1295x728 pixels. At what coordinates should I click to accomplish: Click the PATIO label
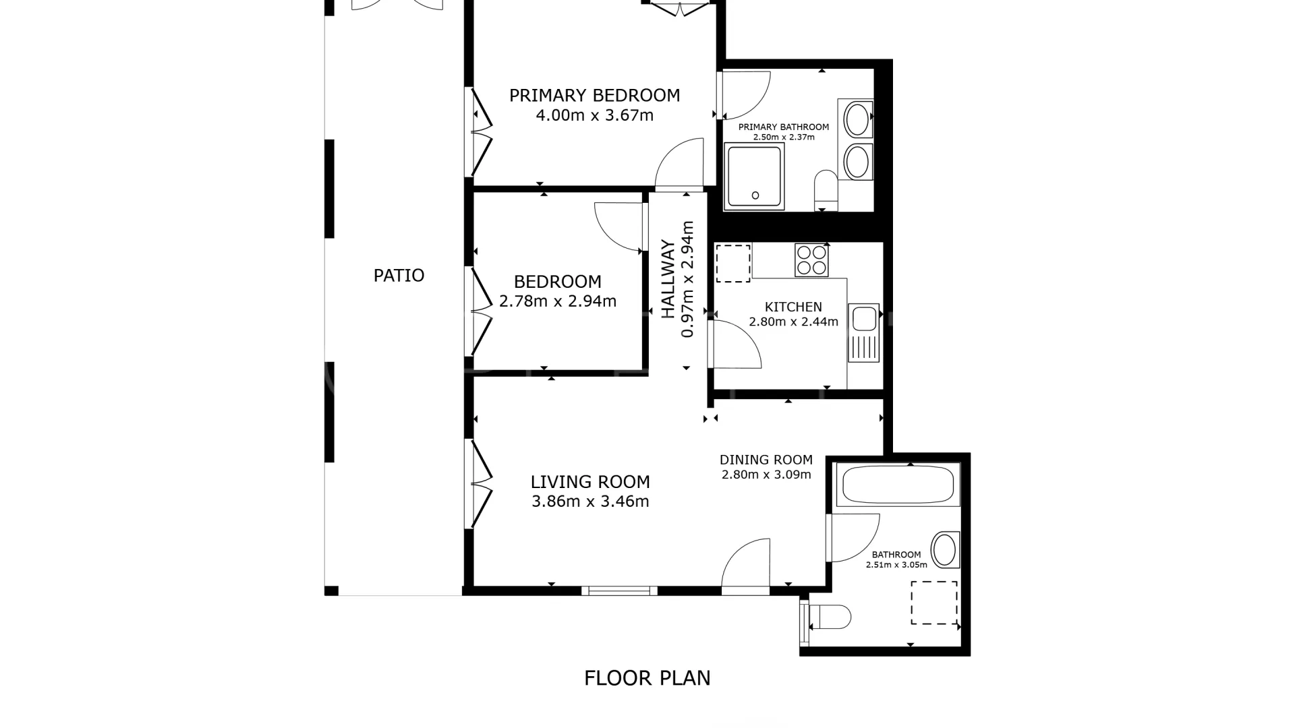(399, 275)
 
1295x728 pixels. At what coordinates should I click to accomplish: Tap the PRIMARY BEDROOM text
(594, 96)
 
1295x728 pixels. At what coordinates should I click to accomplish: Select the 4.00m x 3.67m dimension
(594, 115)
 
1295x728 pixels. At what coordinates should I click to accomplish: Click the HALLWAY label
(668, 279)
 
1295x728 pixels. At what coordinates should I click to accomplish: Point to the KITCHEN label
(793, 307)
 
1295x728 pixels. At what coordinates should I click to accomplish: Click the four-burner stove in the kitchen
(811, 260)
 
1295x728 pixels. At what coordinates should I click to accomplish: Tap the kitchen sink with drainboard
(864, 332)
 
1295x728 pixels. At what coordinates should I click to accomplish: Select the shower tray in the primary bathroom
(755, 176)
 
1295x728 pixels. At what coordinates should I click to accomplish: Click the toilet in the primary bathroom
(826, 189)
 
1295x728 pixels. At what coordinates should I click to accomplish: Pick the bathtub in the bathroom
(898, 484)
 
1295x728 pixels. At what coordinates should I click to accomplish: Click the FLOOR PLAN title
(647, 678)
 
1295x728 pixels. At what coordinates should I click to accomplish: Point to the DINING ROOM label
(766, 460)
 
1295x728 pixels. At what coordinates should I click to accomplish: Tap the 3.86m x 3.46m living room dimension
(590, 502)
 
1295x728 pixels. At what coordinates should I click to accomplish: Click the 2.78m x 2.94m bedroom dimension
(558, 301)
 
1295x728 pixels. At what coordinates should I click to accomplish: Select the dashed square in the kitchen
(733, 264)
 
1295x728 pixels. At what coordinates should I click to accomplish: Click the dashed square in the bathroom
(934, 603)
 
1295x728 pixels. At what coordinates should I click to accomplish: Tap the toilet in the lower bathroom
(829, 617)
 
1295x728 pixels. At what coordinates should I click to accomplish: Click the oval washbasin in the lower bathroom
(945, 550)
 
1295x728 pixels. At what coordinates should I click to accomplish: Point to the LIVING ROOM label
(590, 482)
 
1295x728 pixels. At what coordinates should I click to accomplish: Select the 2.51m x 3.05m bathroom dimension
(896, 565)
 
